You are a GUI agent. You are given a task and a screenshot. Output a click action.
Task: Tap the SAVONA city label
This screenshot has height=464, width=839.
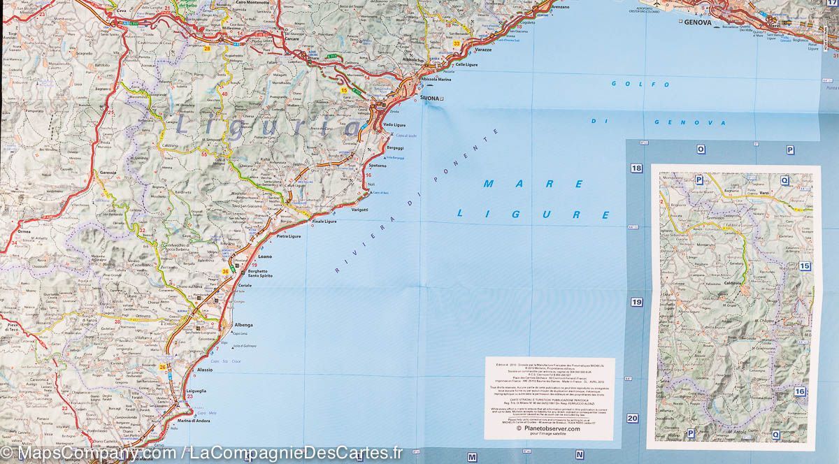pyautogui.click(x=431, y=99)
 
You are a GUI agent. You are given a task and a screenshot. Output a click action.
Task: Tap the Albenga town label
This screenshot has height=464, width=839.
pyautogui.click(x=243, y=325)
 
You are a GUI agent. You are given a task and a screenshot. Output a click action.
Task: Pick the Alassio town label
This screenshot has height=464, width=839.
pyautogui.click(x=205, y=369)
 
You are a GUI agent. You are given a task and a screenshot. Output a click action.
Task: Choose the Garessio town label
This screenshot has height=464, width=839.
pyautogui.click(x=108, y=172)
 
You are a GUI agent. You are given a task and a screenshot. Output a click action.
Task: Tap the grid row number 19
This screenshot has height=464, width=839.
pyautogui.click(x=636, y=303)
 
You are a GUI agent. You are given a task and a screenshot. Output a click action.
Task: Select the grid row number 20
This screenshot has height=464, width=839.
pyautogui.click(x=633, y=419)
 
